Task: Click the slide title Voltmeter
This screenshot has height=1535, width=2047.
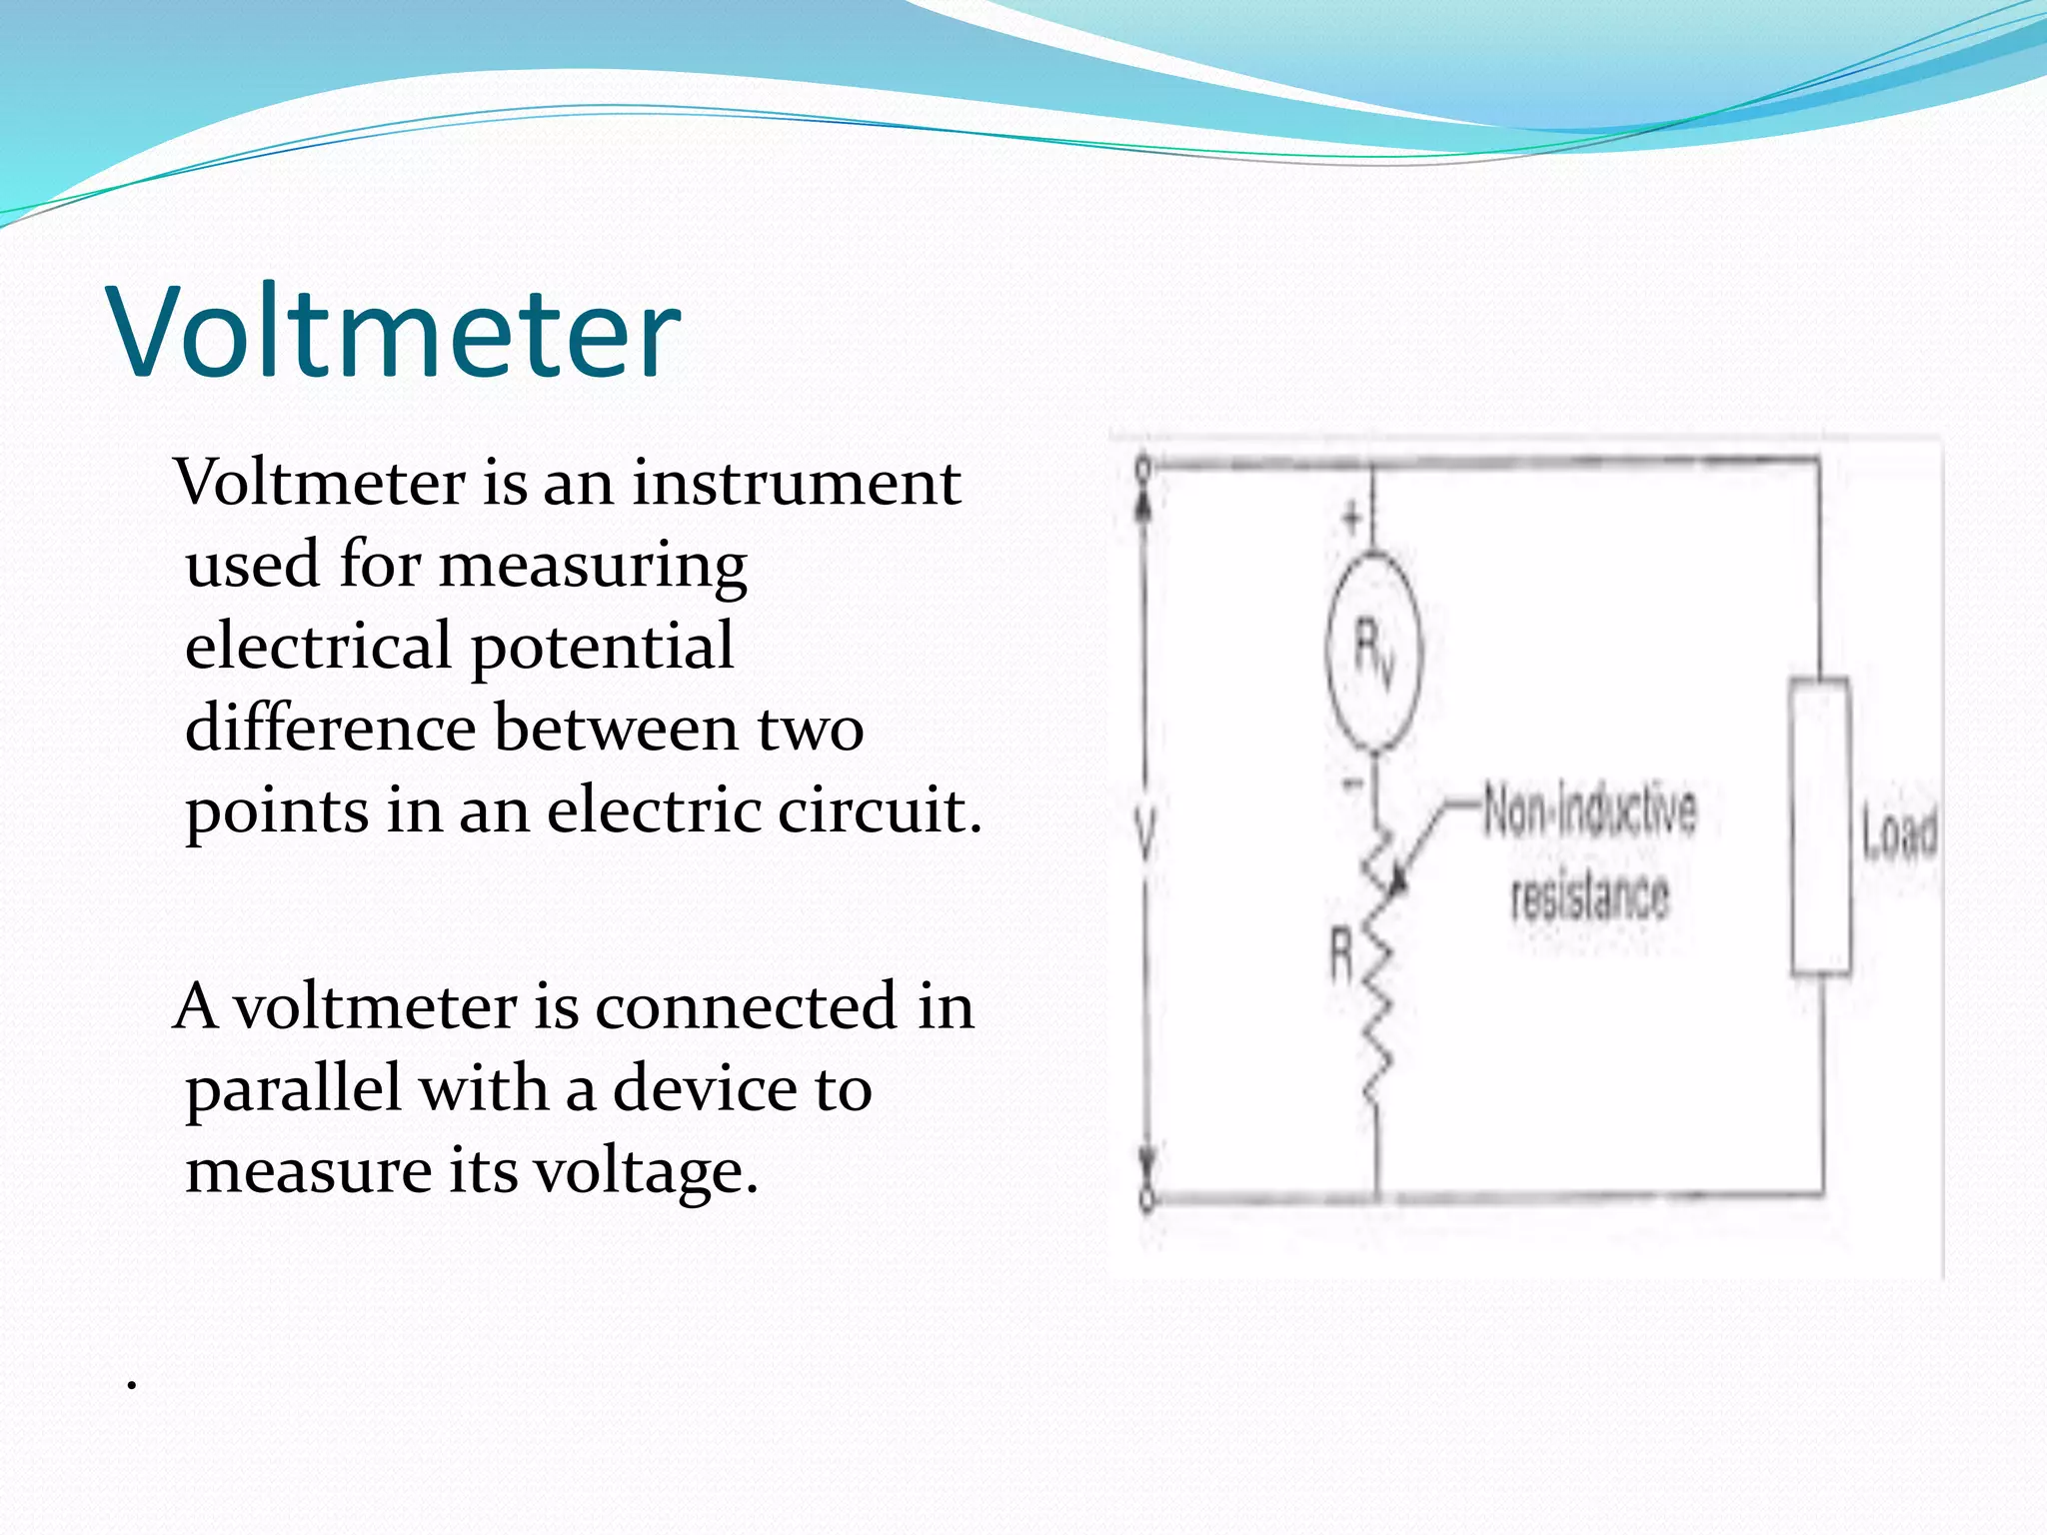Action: coord(396,332)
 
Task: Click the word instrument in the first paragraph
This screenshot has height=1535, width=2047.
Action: coord(796,483)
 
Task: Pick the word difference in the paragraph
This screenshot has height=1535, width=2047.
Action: coord(330,728)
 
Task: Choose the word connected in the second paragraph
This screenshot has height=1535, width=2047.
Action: coord(746,1006)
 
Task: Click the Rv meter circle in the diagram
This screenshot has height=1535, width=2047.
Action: coord(1372,652)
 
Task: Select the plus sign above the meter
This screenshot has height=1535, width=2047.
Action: coord(1351,518)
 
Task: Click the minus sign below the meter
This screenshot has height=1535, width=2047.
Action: coord(1351,784)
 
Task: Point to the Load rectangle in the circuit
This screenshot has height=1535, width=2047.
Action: coord(1820,825)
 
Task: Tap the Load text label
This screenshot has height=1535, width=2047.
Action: coord(1899,831)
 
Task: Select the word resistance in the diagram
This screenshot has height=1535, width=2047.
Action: coord(1589,894)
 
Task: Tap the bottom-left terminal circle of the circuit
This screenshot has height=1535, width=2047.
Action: coord(1147,1198)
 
